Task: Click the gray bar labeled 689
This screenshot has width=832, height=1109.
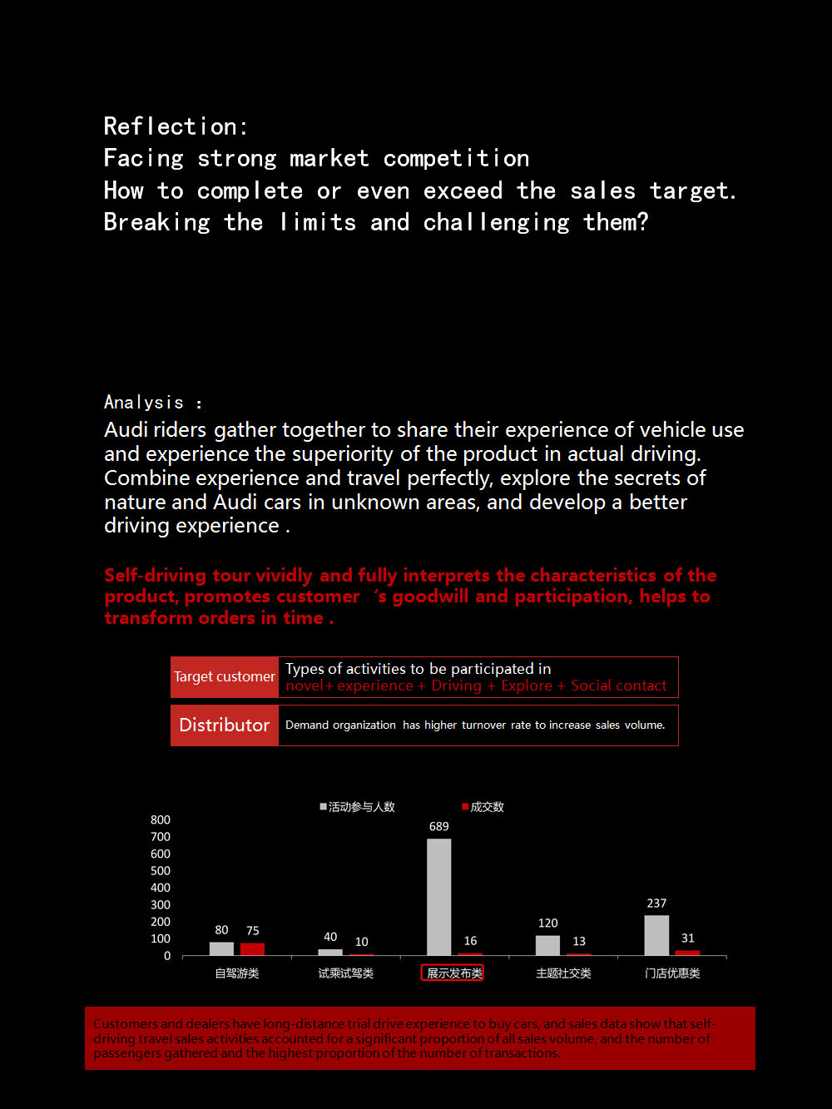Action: pyautogui.click(x=438, y=897)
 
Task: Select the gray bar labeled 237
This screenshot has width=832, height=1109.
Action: pyautogui.click(x=656, y=935)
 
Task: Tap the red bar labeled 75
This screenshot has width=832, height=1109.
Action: pyautogui.click(x=252, y=948)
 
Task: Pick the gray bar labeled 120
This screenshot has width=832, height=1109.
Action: pyautogui.click(x=547, y=945)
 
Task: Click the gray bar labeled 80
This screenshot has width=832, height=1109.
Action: pyautogui.click(x=221, y=948)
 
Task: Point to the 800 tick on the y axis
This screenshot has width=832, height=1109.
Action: pyautogui.click(x=161, y=820)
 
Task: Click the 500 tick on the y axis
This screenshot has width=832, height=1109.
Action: pyautogui.click(x=161, y=871)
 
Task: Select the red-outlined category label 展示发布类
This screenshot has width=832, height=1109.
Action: pyautogui.click(x=453, y=973)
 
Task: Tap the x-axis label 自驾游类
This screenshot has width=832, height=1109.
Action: pyautogui.click(x=237, y=973)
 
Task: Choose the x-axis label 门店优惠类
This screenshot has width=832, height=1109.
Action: pyautogui.click(x=672, y=973)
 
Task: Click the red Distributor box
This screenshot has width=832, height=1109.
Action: pyautogui.click(x=225, y=725)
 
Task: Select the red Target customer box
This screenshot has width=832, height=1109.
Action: pyautogui.click(x=225, y=677)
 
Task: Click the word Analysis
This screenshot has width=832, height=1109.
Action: pyautogui.click(x=143, y=403)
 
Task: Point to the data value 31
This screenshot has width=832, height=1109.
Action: pyautogui.click(x=687, y=938)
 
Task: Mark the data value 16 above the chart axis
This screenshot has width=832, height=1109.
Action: pyautogui.click(x=470, y=941)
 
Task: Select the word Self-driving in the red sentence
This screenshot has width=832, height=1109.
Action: pyautogui.click(x=155, y=576)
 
